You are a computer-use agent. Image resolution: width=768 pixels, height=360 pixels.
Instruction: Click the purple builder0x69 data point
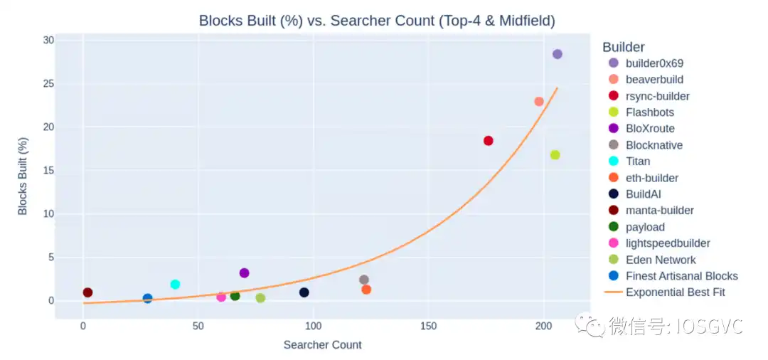(558, 54)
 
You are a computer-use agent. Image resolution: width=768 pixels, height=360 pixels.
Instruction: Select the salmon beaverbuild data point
(539, 102)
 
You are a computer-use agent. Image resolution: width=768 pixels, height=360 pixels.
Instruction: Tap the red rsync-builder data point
(489, 141)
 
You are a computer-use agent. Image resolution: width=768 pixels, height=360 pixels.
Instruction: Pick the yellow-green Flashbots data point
(555, 155)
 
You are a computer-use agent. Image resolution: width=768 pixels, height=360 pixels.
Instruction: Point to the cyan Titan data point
(176, 285)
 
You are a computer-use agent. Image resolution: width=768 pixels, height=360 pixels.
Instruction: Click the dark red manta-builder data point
(87, 292)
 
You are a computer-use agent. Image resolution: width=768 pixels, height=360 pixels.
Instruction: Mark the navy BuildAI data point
(304, 292)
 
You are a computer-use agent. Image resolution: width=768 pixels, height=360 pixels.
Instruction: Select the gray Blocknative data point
(364, 280)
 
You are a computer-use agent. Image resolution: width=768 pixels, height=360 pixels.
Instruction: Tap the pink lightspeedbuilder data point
(221, 297)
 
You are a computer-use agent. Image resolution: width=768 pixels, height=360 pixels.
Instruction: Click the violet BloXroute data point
(245, 273)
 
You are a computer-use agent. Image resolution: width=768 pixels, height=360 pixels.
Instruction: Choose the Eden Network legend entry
(661, 260)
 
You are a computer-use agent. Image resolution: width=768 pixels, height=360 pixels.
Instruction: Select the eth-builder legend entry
(652, 178)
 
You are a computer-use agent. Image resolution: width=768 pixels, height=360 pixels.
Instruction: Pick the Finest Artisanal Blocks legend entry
(681, 276)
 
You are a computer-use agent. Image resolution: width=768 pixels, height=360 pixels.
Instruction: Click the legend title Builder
(624, 47)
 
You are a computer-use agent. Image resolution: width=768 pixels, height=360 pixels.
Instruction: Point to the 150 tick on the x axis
(428, 326)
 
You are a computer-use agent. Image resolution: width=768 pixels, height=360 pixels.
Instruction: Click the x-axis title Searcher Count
(322, 345)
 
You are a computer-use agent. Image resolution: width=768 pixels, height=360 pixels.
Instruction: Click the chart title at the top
(377, 21)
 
